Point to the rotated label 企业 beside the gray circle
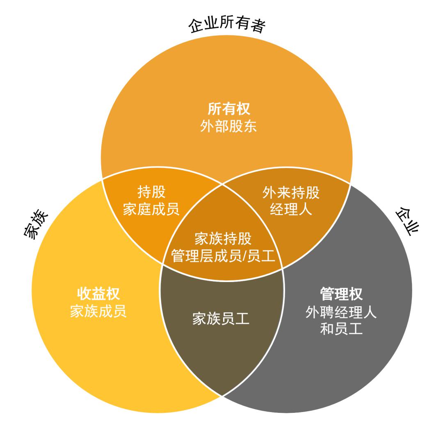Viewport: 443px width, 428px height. pyautogui.click(x=407, y=221)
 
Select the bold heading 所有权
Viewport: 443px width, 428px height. pyautogui.click(x=228, y=109)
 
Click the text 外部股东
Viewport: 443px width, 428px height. pyautogui.click(x=228, y=126)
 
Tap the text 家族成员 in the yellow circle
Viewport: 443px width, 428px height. pyautogui.click(x=98, y=311)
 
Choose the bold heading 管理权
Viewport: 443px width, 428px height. pyautogui.click(x=341, y=294)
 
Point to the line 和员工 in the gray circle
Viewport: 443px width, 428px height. pyautogui.click(x=341, y=329)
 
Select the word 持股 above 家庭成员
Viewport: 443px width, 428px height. pyautogui.click(x=151, y=192)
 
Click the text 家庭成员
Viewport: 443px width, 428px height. pyautogui.click(x=151, y=209)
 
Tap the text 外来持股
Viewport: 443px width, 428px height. pyautogui.click(x=291, y=193)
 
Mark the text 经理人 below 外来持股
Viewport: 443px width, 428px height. pyautogui.click(x=291, y=209)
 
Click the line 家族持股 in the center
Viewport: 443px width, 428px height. pyautogui.click(x=223, y=239)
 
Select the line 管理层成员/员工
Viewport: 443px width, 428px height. pyautogui.click(x=223, y=256)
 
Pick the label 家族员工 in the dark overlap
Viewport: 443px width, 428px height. pyautogui.click(x=221, y=319)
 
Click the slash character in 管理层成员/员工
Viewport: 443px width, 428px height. pyautogui.click(x=244, y=256)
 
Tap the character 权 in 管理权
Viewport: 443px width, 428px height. pyautogui.click(x=356, y=294)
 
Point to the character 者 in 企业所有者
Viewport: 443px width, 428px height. pyautogui.click(x=258, y=25)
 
